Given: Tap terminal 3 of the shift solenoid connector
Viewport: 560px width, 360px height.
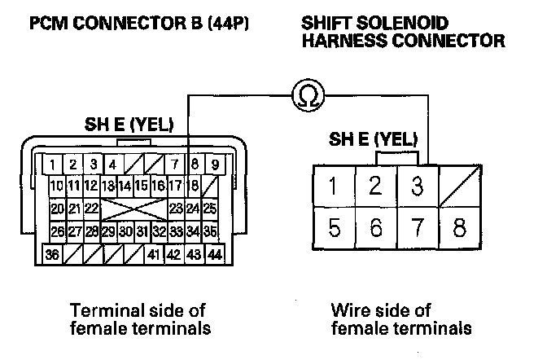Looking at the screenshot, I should [418, 187].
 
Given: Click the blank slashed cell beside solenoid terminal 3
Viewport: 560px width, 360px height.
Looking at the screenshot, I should [459, 187].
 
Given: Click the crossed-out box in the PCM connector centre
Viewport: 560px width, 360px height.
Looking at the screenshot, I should [134, 209].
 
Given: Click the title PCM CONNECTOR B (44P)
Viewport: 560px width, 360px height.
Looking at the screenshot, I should [138, 24].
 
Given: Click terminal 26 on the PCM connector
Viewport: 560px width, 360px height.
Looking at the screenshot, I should [57, 232].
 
